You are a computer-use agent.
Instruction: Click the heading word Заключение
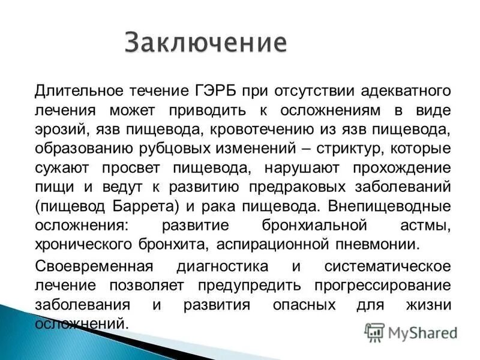coord(206,44)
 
